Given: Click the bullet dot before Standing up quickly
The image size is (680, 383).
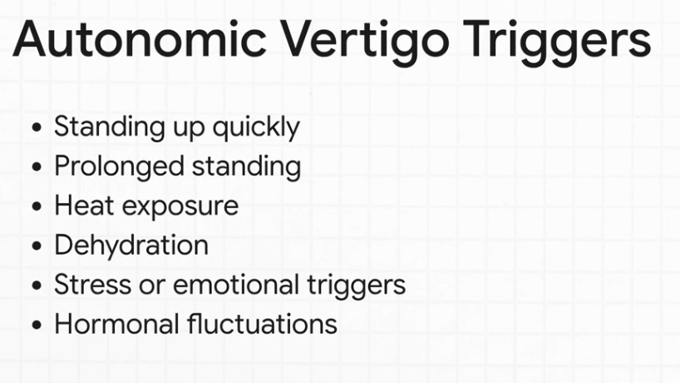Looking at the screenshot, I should [x=36, y=129].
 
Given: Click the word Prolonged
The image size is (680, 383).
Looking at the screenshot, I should [x=119, y=167].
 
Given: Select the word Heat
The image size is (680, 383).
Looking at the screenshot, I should [x=80, y=206].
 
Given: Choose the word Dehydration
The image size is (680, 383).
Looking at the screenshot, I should [x=131, y=246].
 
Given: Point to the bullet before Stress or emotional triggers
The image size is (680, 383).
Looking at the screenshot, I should [x=36, y=286].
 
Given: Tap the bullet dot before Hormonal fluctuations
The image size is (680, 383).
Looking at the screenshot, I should [x=36, y=325].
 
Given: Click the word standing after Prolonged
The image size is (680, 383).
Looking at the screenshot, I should [x=246, y=167].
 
